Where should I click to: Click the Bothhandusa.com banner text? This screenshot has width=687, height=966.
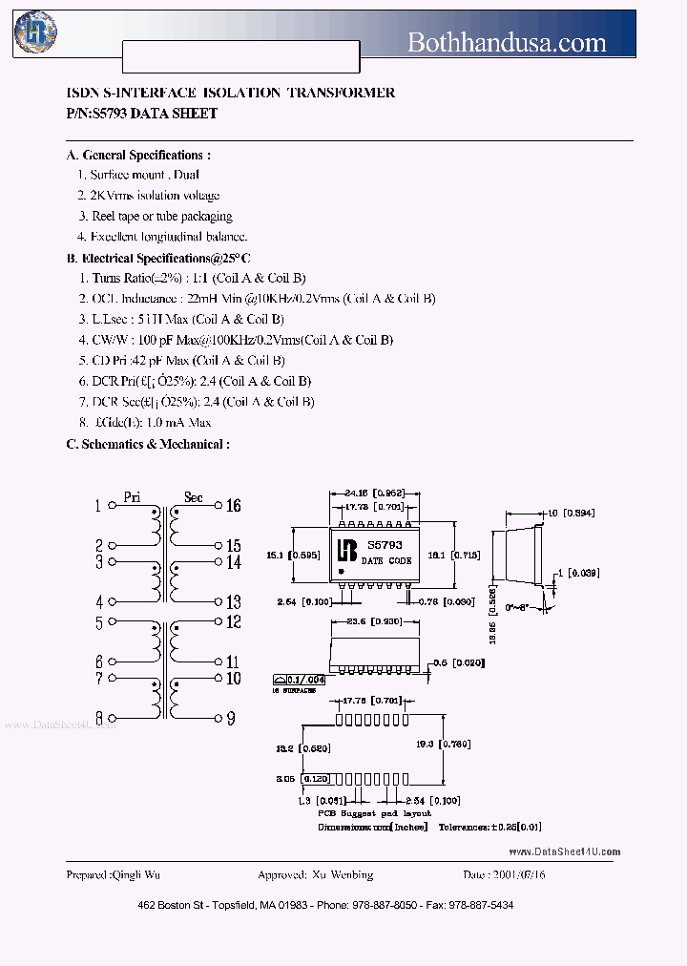(x=506, y=42)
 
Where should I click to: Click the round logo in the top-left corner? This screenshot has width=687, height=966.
(x=35, y=31)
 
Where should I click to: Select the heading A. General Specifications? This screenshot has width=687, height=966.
(x=138, y=156)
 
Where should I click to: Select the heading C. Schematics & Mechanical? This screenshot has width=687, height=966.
(x=148, y=444)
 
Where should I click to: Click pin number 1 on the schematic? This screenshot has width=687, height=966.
(x=97, y=506)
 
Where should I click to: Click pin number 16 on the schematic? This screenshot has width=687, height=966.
(x=233, y=506)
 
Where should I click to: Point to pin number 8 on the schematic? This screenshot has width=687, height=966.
(x=97, y=718)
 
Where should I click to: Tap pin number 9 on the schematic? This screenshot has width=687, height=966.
(x=231, y=718)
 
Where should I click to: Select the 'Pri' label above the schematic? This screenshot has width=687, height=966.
(x=133, y=496)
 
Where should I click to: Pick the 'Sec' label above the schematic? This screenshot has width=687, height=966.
(x=193, y=496)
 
